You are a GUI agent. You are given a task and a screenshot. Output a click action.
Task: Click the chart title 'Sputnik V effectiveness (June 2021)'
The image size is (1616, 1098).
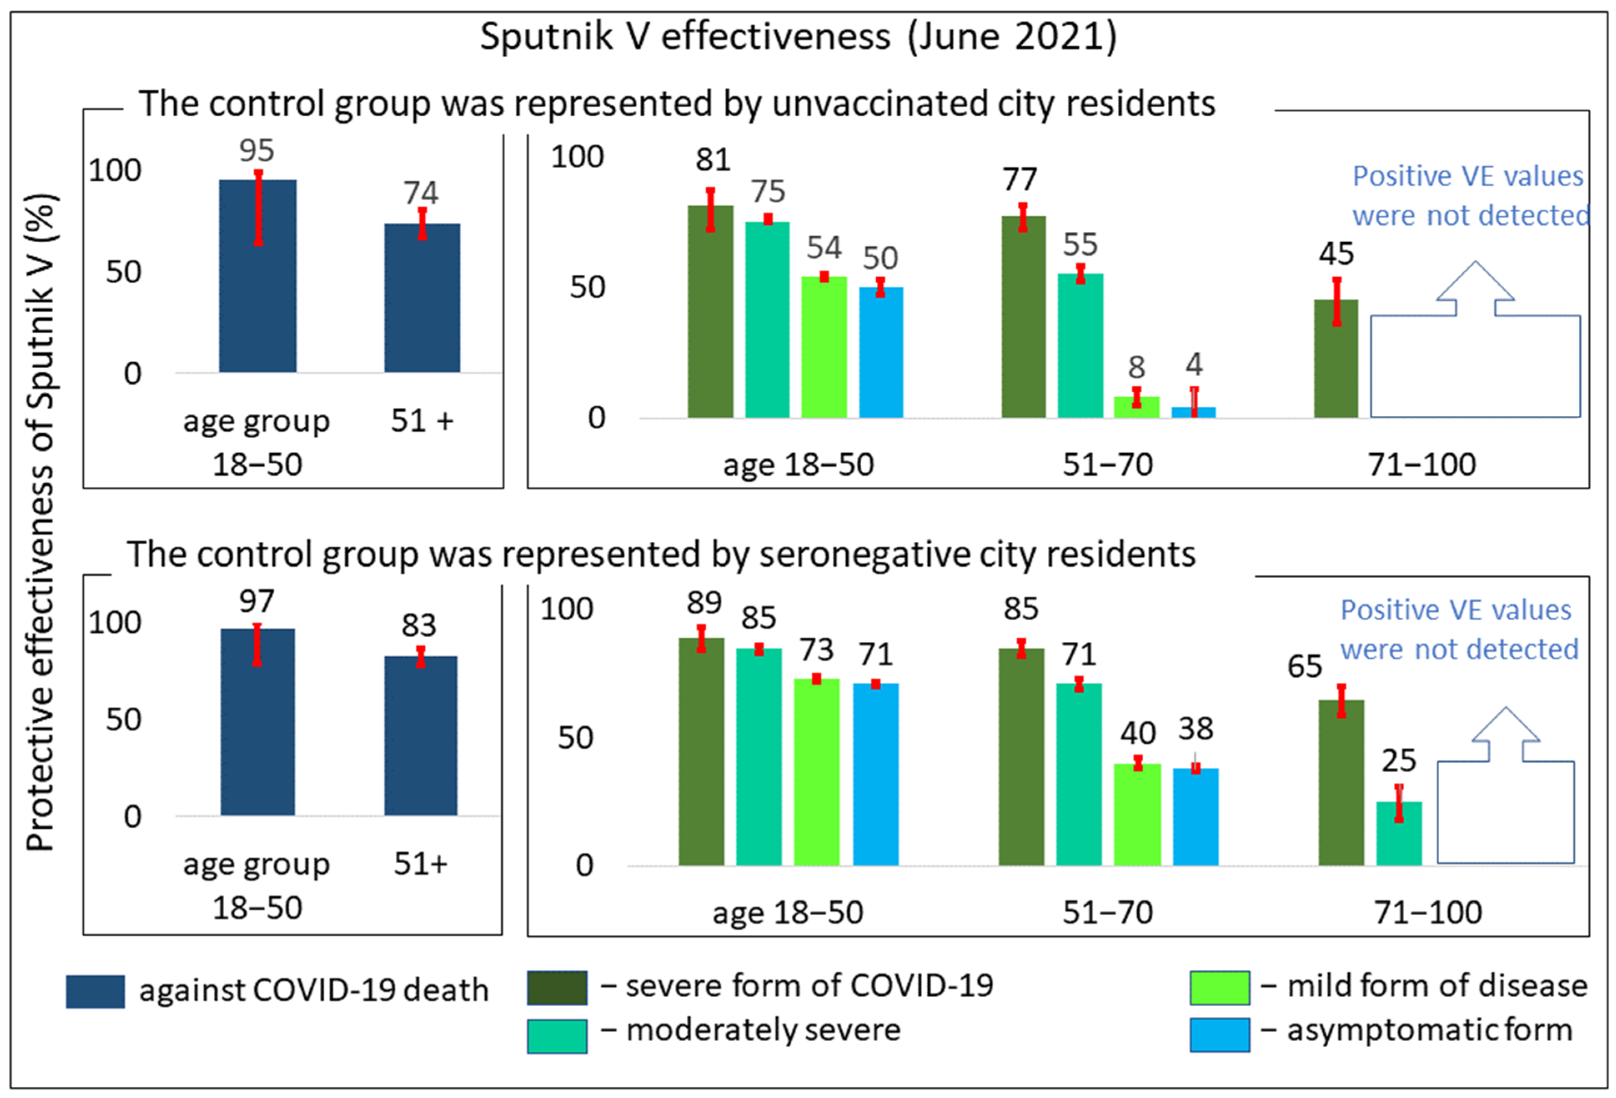(x=798, y=36)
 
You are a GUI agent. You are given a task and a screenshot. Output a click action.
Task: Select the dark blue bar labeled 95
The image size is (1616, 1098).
(x=258, y=276)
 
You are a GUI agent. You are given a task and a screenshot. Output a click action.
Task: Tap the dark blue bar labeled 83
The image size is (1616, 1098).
(x=421, y=736)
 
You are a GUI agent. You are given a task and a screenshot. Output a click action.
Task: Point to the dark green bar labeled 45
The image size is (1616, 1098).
(x=1336, y=359)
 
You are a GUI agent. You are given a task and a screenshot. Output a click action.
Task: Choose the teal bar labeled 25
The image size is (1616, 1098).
(x=1399, y=834)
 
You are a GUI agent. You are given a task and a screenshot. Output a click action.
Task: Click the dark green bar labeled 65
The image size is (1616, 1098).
(x=1341, y=783)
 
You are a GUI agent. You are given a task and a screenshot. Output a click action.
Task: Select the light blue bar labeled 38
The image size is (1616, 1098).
(x=1196, y=817)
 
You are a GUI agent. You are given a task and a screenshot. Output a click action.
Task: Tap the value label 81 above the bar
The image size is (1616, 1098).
(x=713, y=160)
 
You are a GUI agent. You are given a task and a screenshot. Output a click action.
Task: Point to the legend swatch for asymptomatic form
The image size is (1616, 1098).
(x=1220, y=1035)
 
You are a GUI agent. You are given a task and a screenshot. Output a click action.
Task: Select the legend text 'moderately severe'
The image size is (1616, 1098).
(x=763, y=1030)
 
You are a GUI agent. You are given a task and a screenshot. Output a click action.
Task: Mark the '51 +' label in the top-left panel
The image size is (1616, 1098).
(x=422, y=421)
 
